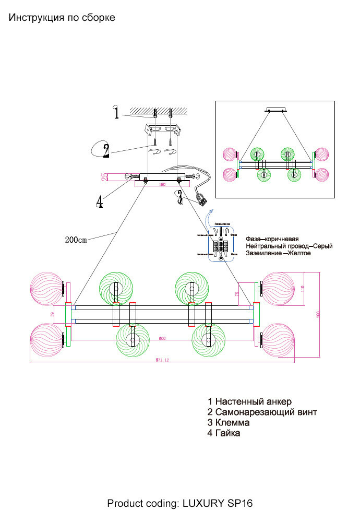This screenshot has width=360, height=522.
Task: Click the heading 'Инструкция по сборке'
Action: click(x=62, y=18)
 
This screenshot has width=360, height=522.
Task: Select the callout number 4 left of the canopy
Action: click(x=99, y=201)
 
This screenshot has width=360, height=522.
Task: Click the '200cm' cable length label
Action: click(x=76, y=240)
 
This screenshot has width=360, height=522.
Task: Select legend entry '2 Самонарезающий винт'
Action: click(x=262, y=412)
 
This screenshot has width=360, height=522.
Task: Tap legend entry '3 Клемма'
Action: click(x=229, y=422)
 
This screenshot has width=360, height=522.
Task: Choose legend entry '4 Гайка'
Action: click(x=224, y=433)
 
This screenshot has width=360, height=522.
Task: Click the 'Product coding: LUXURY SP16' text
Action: click(x=180, y=504)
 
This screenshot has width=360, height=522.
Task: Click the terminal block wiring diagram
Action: click(x=221, y=244)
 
